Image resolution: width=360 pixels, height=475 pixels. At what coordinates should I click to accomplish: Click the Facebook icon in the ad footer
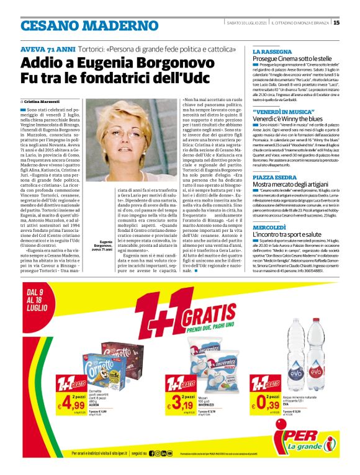point(152,454)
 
